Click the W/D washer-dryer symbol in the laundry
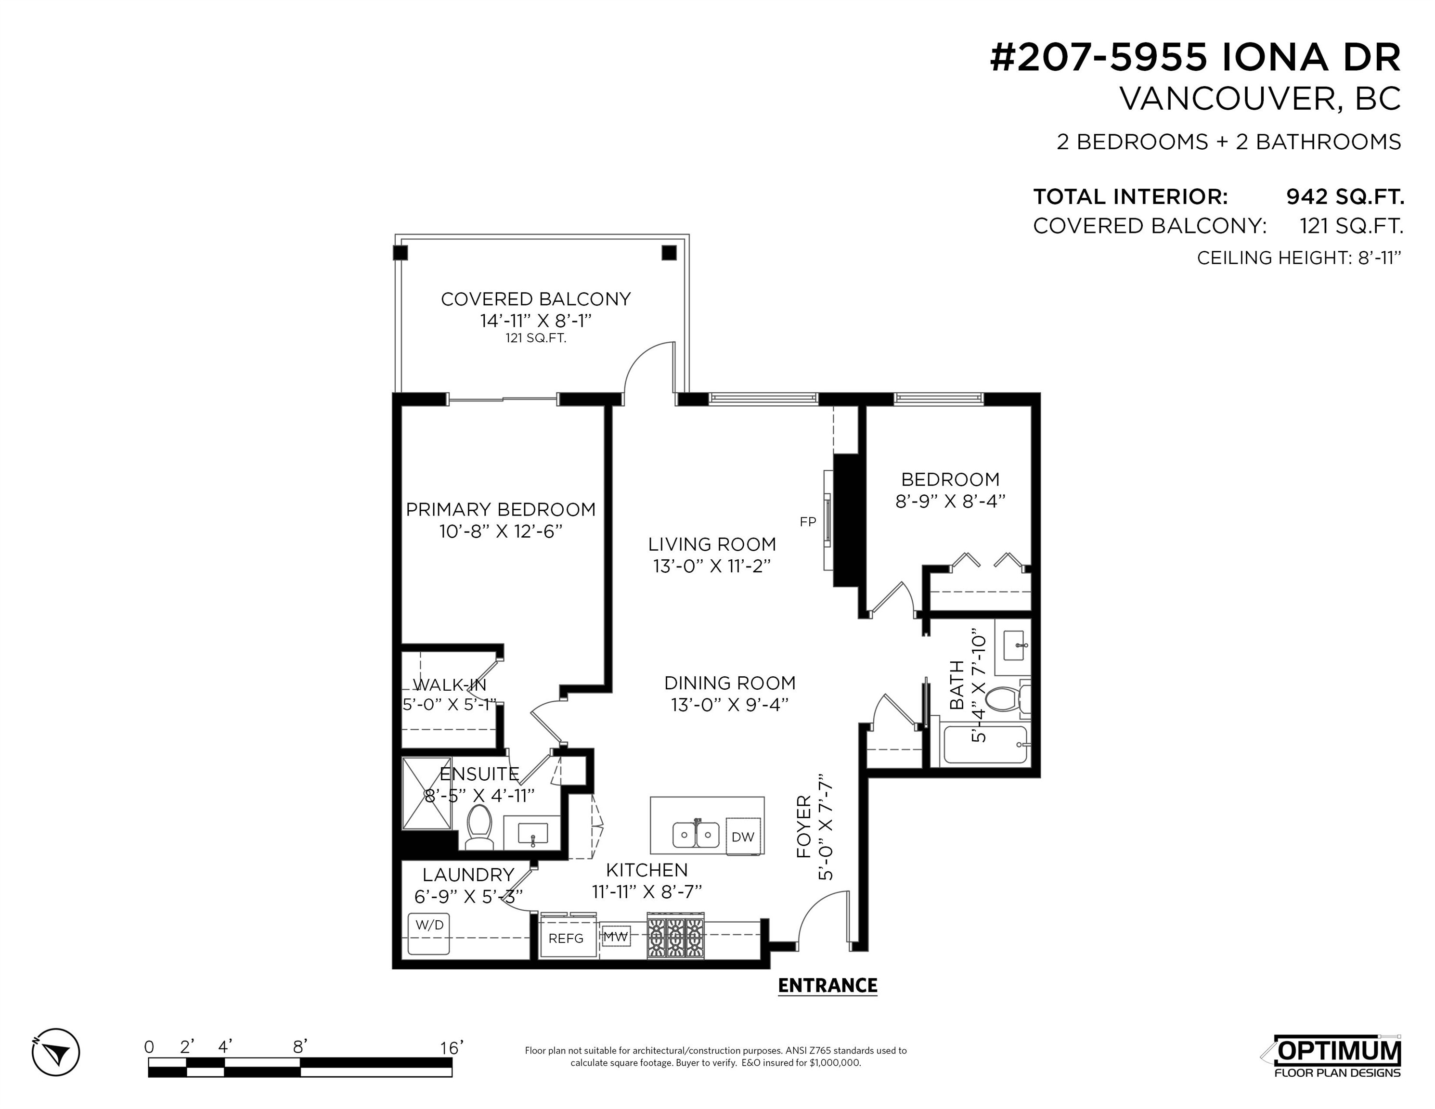(x=429, y=933)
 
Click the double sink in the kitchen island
(x=696, y=834)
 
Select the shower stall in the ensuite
(x=427, y=802)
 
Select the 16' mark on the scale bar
(x=452, y=1047)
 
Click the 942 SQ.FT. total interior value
(x=1345, y=196)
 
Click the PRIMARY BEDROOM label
(x=501, y=509)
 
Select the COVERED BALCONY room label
(x=535, y=299)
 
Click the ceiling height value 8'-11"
(x=1379, y=258)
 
